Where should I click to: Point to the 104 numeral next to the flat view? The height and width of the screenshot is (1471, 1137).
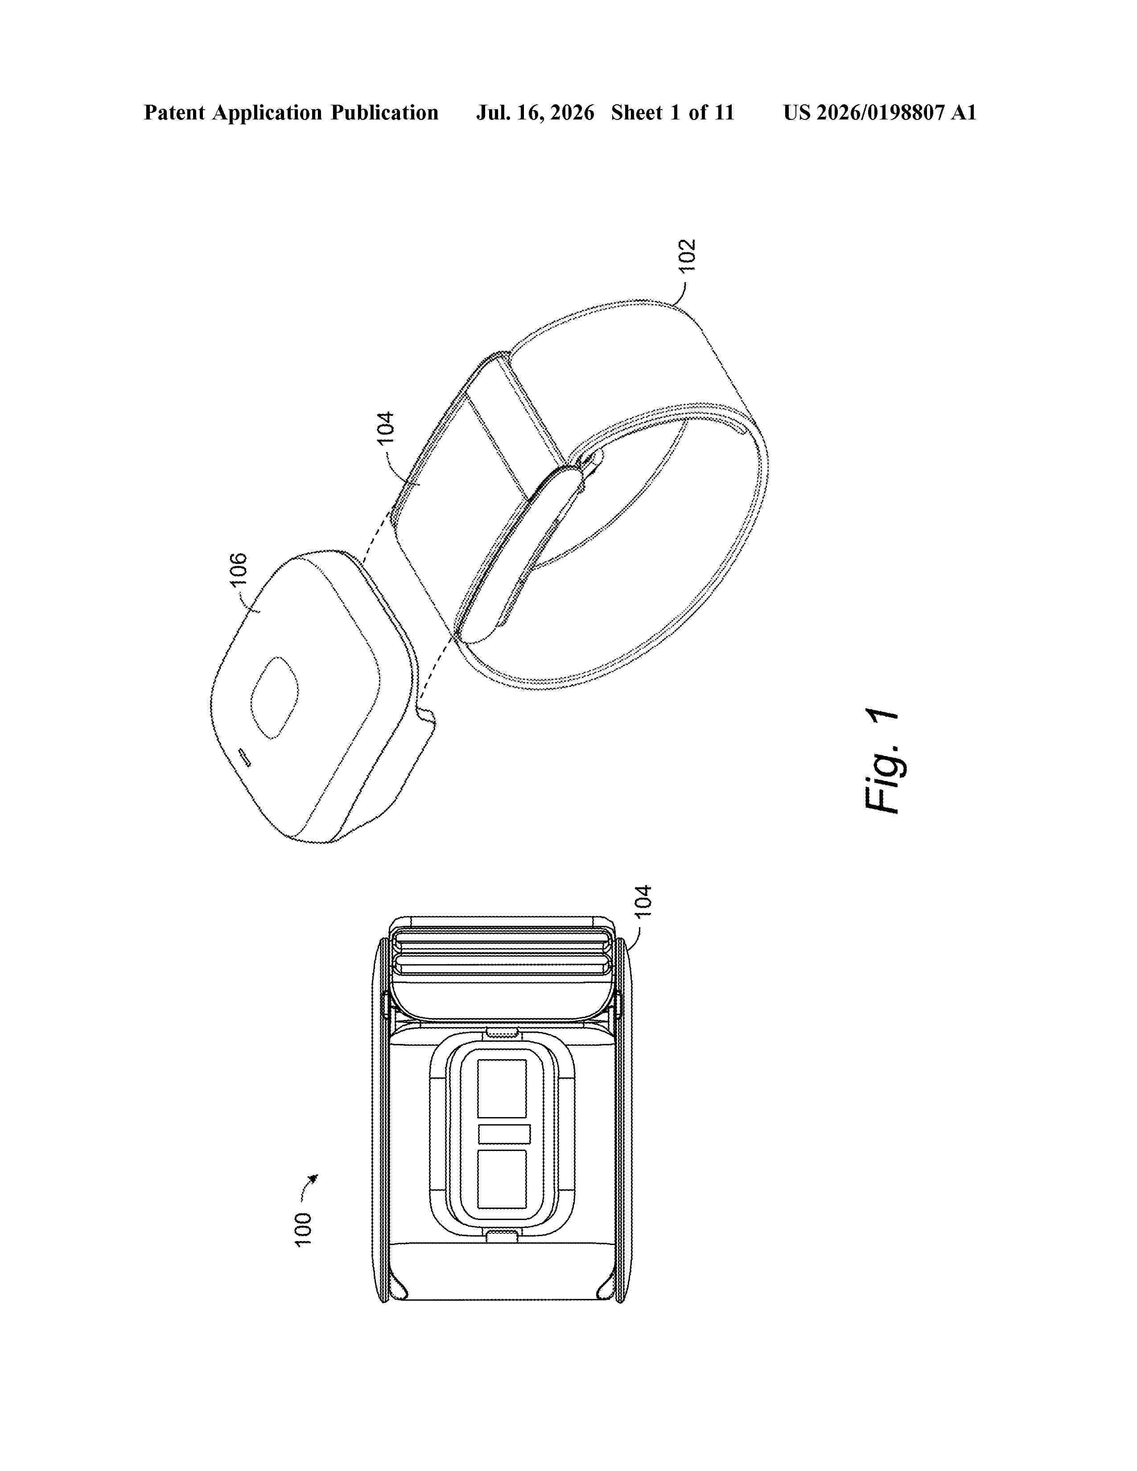click(643, 900)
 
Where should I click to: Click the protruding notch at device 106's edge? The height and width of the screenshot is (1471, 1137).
click(426, 715)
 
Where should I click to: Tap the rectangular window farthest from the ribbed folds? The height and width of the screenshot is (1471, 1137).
click(502, 1179)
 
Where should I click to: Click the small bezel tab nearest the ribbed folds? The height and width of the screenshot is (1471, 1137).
click(502, 1032)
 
